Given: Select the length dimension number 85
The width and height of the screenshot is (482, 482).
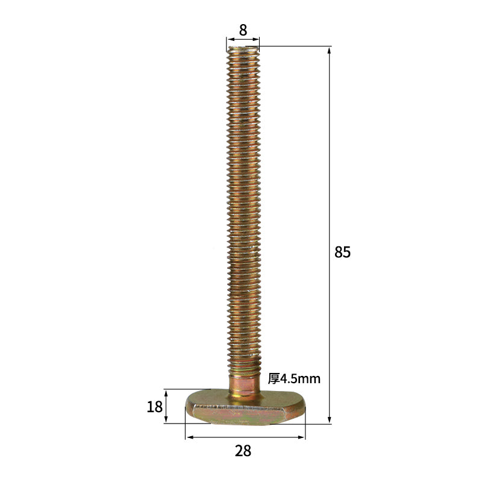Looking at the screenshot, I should point(342,252).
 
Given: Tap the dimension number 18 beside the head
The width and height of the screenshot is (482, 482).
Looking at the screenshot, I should point(155,407).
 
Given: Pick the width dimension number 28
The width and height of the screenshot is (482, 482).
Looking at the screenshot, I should point(243,451).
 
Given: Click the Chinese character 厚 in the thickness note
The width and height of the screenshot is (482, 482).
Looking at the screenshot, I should point(274,379).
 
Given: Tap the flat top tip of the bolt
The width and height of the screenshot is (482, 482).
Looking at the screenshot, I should point(243,48).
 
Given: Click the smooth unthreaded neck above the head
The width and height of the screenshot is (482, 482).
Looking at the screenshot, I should point(246,383).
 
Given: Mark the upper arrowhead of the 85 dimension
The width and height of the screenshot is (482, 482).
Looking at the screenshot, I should point(329,50).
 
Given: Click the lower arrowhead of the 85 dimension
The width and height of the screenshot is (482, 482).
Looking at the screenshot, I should point(329,420).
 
